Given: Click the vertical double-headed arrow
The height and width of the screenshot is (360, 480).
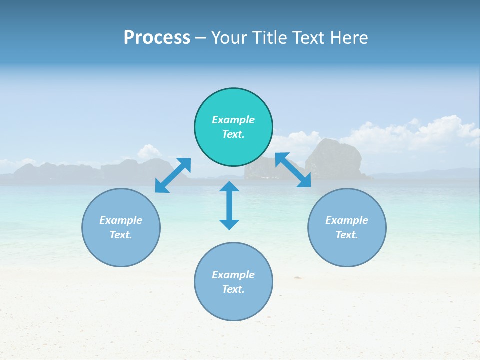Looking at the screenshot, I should [229, 205].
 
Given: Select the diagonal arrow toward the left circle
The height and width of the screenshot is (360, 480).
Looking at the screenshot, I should [173, 175].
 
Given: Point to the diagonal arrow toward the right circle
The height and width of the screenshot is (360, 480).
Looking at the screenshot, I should [293, 170].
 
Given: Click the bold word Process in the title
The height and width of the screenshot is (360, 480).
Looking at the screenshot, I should [157, 38].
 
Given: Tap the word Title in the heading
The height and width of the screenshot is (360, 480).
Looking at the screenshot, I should [272, 38].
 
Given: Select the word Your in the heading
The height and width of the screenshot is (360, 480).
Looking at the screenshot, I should [229, 38].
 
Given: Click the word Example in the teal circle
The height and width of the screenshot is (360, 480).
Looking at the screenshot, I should [233, 120].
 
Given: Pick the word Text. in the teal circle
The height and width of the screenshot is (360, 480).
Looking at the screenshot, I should [233, 134].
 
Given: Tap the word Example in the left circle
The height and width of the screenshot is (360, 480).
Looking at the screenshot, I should [121, 220].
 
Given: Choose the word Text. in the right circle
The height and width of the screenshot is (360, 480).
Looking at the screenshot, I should [347, 235].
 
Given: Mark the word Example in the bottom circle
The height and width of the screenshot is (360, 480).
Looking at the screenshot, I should [233, 275].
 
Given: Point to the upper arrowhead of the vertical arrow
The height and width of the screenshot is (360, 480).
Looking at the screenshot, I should [229, 187].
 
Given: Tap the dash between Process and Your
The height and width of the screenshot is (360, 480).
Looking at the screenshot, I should [201, 38].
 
